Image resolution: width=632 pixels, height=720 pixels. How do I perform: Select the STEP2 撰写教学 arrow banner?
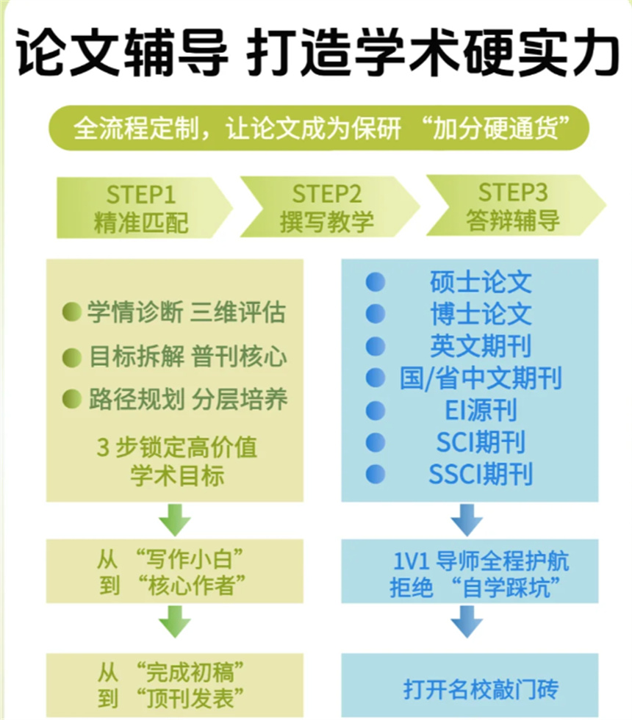pos(328,208)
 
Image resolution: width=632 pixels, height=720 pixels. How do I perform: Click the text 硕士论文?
pos(481,282)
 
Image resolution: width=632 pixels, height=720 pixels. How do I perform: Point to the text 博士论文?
pos(481,314)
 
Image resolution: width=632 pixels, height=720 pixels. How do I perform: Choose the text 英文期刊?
pos(481,346)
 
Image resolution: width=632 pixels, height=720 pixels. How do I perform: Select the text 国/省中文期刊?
pos(481,378)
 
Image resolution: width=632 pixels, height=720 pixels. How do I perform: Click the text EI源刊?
pos(481,410)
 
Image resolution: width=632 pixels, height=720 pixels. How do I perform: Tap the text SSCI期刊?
pos(481,474)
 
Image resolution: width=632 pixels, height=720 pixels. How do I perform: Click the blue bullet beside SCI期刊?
pos(376,442)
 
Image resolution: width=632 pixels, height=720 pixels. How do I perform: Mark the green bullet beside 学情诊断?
pos(72,313)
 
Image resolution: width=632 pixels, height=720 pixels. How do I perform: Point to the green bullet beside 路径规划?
pos(72,399)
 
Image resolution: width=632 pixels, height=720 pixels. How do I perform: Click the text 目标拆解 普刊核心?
pos(187,357)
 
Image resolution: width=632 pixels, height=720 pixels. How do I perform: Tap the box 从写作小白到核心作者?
pos(174,572)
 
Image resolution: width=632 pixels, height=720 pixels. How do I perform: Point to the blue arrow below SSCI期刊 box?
pos(466,520)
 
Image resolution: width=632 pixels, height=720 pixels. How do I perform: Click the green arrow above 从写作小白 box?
pos(174,520)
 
